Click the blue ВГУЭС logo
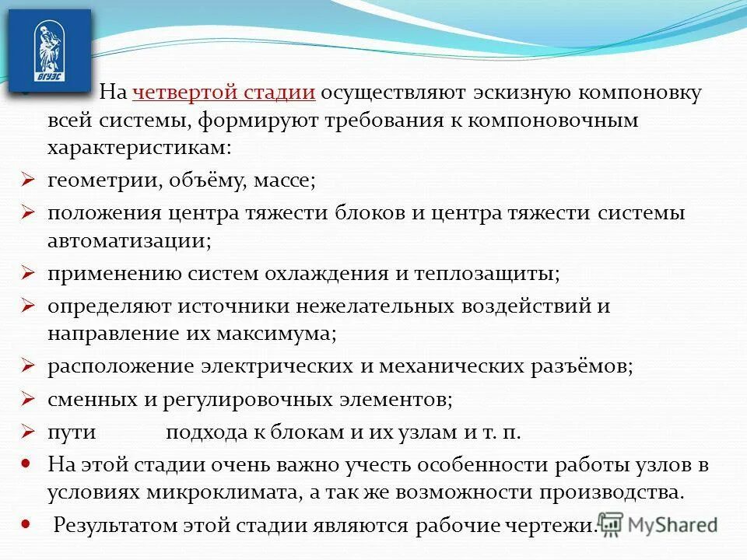pyautogui.click(x=50, y=51)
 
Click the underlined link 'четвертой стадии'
pyautogui.click(x=224, y=93)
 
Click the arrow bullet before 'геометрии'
pyautogui.click(x=26, y=180)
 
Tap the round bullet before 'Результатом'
pyautogui.click(x=25, y=524)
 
